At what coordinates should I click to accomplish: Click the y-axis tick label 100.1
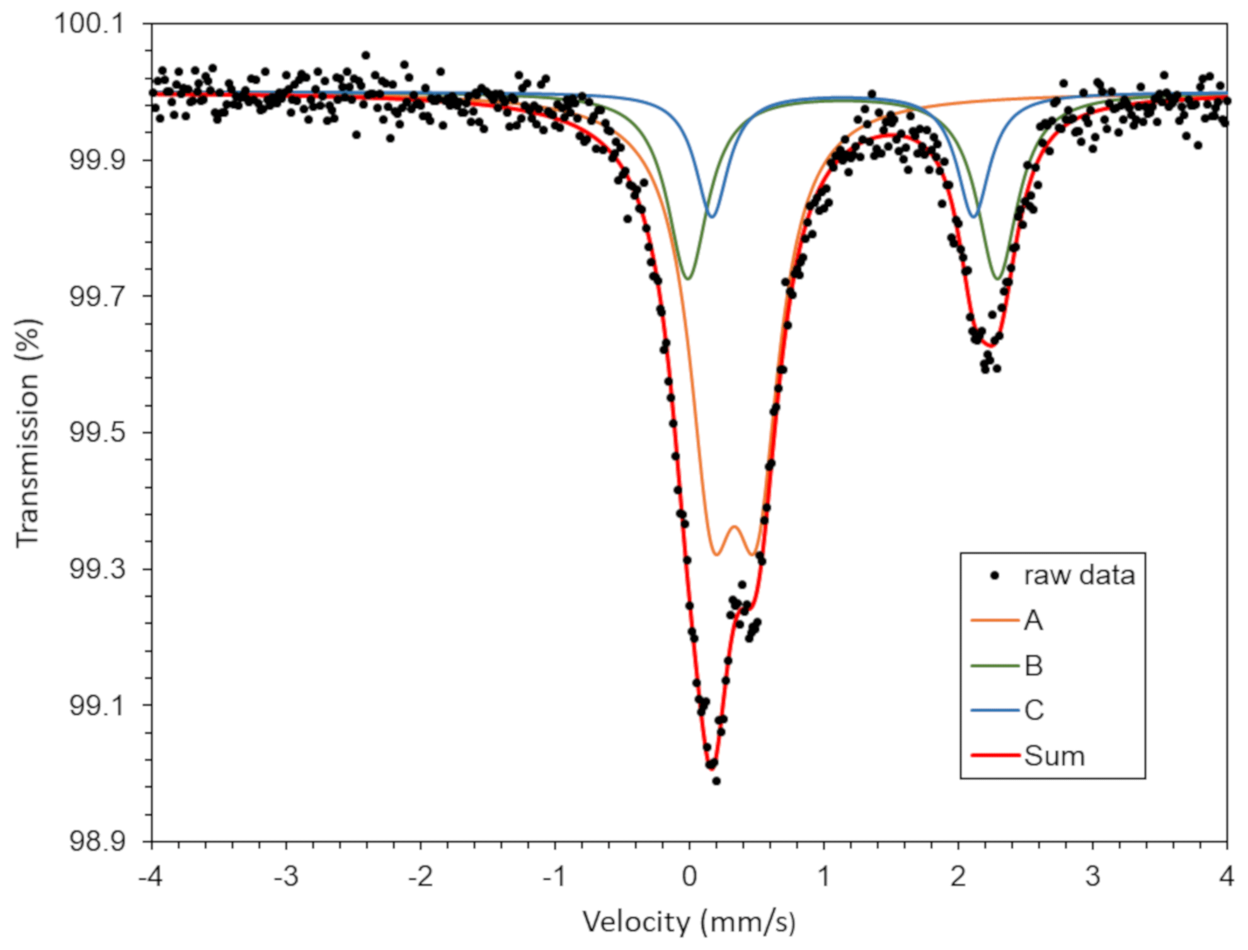(x=89, y=24)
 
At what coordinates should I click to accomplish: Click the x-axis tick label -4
(x=151, y=876)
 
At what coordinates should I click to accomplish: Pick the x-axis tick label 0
(x=689, y=876)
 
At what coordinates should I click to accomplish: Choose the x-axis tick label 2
(x=958, y=876)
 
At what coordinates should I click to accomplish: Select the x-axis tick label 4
(x=1226, y=876)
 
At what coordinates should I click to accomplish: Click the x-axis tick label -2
(x=420, y=876)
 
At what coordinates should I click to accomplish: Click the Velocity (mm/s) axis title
(x=689, y=922)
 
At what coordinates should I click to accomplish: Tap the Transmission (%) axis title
(x=28, y=433)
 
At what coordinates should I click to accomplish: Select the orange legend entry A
(x=1033, y=621)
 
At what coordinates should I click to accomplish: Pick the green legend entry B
(x=1033, y=666)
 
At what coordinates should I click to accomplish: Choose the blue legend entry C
(x=1033, y=711)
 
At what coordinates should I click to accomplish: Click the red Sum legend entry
(x=1053, y=756)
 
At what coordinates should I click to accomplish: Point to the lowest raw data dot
(x=716, y=781)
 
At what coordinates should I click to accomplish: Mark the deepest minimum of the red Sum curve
(x=712, y=768)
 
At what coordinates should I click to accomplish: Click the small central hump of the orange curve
(x=734, y=527)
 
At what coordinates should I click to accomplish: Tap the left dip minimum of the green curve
(x=688, y=278)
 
